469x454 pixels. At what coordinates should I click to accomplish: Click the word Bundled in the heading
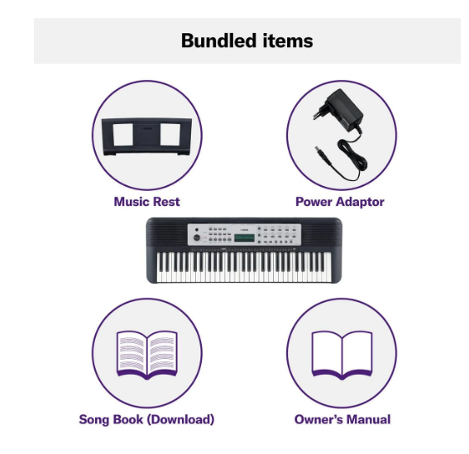(218, 41)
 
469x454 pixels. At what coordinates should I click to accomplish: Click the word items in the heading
(288, 41)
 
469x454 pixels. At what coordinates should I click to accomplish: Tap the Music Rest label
(147, 202)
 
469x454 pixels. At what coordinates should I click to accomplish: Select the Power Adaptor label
(340, 202)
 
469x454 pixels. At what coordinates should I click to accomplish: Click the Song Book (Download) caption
(146, 419)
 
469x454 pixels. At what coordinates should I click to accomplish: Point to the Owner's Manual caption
(342, 419)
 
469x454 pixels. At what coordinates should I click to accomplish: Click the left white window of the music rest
(123, 135)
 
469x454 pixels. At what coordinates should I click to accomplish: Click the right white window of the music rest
(170, 134)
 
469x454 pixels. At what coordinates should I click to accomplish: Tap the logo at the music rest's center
(147, 129)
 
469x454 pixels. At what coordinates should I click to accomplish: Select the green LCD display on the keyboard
(244, 238)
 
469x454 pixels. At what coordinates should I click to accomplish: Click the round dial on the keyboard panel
(197, 238)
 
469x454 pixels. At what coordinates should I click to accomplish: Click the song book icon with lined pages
(147, 355)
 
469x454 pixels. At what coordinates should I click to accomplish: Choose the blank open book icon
(342, 355)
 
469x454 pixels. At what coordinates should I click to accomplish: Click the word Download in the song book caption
(180, 419)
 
